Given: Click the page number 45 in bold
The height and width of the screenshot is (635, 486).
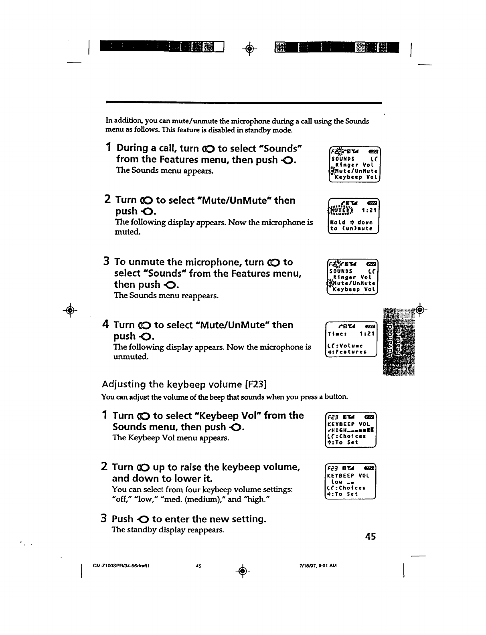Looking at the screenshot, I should click(371, 536).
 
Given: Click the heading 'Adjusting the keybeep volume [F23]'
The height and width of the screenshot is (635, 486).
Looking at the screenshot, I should click(184, 384).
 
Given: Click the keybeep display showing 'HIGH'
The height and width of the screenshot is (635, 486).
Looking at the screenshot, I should click(350, 429).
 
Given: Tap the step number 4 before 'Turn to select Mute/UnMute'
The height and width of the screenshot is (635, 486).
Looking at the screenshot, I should click(106, 324).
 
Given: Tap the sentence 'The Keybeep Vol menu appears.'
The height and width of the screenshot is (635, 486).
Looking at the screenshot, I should click(171, 438).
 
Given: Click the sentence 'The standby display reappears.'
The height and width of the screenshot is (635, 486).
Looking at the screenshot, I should click(168, 530).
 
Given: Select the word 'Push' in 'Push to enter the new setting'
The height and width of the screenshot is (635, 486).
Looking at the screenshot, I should click(122, 519).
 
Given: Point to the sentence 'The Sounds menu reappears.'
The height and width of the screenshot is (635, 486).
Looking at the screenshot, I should click(166, 296).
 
